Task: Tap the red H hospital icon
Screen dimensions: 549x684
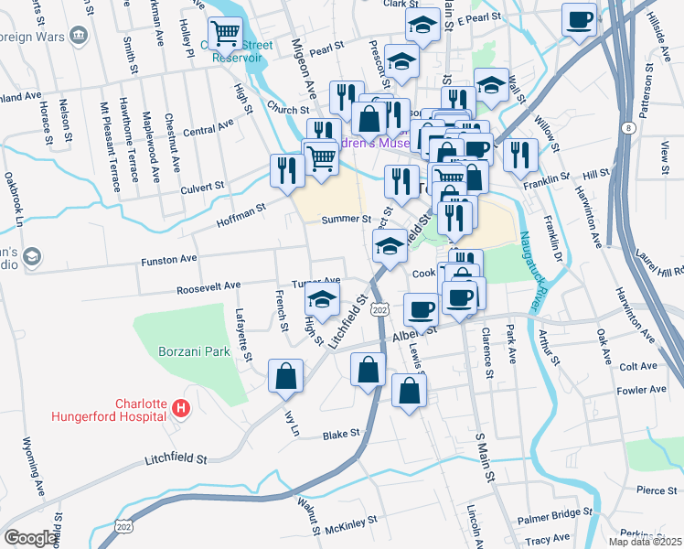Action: pyautogui.click(x=181, y=406)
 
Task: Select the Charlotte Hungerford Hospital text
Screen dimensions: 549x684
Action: pyautogui.click(x=142, y=413)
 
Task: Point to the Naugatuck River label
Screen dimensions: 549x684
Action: pyautogui.click(x=529, y=264)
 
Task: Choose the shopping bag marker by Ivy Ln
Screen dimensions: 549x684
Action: pyautogui.click(x=285, y=375)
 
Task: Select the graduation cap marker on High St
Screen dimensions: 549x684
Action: pyautogui.click(x=321, y=298)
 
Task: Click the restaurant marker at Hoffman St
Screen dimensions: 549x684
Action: pyautogui.click(x=286, y=170)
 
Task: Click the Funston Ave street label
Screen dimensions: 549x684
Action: pyautogui.click(x=169, y=260)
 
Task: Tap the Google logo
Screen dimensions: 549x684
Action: pyautogui.click(x=29, y=538)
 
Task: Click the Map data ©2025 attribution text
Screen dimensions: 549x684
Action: pyautogui.click(x=644, y=542)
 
